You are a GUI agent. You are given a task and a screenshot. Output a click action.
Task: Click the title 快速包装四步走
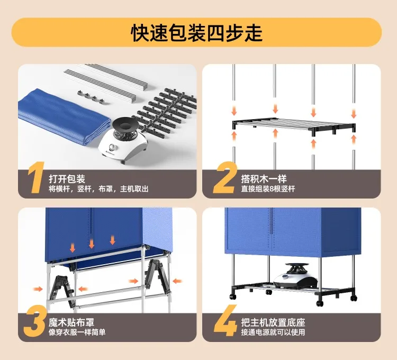point(196,33)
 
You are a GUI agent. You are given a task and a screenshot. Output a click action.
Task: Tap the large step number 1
point(37,178)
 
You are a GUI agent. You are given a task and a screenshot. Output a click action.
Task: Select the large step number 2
point(224,178)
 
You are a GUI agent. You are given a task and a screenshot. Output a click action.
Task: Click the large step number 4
point(225,321)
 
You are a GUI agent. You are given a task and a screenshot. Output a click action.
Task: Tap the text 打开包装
point(67,179)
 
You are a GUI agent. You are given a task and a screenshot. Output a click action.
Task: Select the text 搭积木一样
point(264,179)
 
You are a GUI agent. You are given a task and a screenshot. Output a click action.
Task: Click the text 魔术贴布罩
point(71,322)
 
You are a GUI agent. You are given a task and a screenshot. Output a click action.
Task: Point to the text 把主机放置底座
point(273,322)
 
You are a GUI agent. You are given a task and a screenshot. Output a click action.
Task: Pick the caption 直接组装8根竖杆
point(268,189)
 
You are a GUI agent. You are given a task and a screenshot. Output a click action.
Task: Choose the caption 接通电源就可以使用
point(273,332)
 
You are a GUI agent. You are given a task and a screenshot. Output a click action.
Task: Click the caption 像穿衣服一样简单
point(77,332)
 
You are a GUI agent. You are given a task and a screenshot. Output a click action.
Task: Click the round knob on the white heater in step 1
point(112,147)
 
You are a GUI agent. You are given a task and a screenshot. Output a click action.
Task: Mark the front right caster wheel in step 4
point(320,303)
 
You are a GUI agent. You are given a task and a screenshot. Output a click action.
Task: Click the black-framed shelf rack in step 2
point(294,126)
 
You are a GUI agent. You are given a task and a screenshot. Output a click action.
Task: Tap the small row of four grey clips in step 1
point(91,97)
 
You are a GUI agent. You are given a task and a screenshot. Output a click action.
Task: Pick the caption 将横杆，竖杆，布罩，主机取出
point(98,189)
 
